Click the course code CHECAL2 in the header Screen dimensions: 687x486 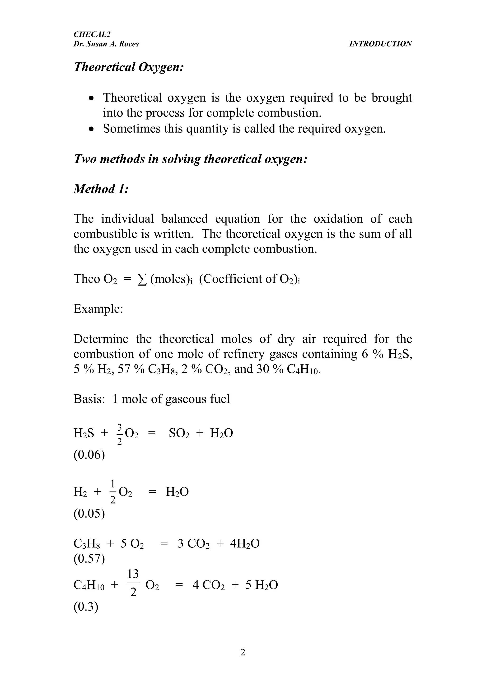(92, 35)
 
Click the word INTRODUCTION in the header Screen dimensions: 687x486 (380, 44)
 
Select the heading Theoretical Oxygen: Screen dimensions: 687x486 (128, 67)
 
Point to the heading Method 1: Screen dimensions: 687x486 (101, 189)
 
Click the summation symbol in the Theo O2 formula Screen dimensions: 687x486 (142, 279)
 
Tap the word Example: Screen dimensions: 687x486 (98, 309)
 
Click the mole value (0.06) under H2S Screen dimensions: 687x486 (89, 455)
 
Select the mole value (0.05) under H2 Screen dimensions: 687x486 (89, 514)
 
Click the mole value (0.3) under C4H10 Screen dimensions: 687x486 (86, 607)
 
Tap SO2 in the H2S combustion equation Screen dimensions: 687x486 (179, 433)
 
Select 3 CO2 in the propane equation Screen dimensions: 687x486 (193, 544)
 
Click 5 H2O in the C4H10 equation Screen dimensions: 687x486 (262, 585)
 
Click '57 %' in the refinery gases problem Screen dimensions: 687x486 (131, 369)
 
